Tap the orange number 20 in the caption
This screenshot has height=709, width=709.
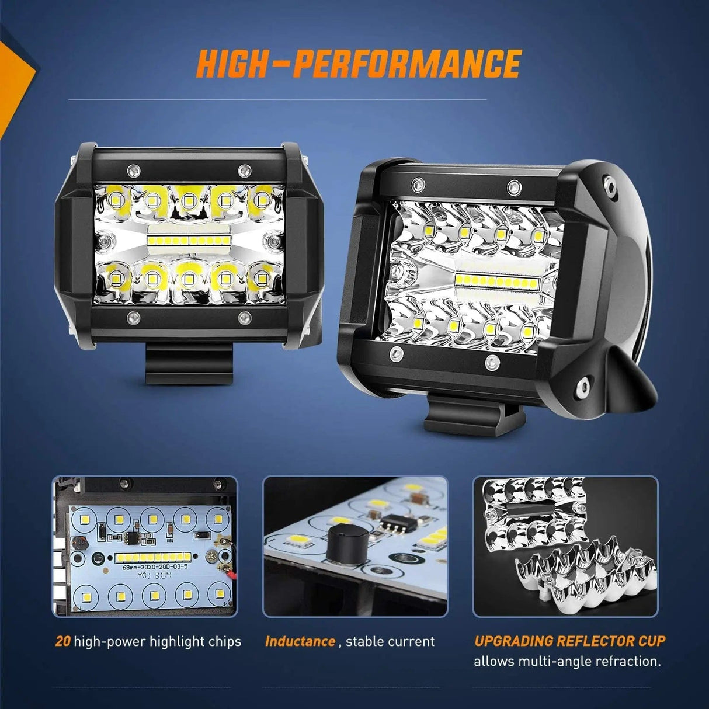click(62, 641)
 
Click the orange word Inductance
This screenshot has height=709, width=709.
click(300, 641)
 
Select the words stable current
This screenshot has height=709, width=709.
click(390, 641)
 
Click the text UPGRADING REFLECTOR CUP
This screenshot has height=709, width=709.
click(569, 641)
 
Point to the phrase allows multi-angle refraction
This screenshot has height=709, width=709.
click(567, 662)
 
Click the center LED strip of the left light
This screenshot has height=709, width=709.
click(188, 240)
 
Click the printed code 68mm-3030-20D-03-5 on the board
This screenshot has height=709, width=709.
click(150, 566)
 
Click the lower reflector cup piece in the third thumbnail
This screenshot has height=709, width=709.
click(584, 578)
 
